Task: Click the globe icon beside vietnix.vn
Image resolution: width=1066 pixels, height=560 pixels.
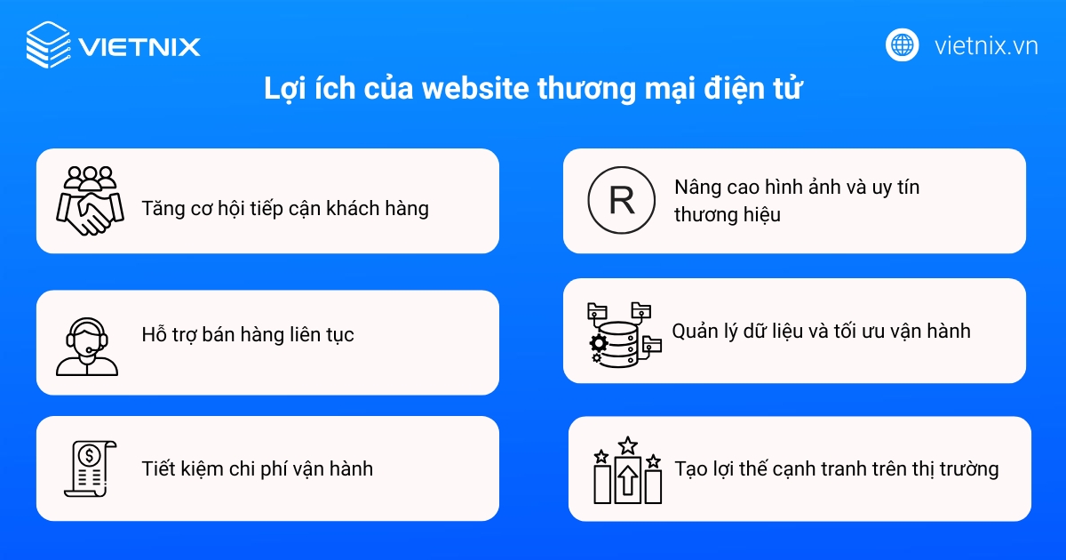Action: tap(902, 45)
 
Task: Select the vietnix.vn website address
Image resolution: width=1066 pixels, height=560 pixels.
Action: tap(986, 46)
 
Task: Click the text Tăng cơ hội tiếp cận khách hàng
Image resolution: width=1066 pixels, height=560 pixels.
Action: tap(285, 208)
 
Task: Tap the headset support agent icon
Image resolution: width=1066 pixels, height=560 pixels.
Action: tap(86, 345)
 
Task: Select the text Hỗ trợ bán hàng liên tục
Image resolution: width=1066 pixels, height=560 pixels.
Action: tap(248, 335)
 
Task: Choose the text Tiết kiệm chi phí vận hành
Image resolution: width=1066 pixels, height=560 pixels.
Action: tap(258, 468)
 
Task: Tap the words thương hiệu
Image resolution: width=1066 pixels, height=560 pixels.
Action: tap(727, 214)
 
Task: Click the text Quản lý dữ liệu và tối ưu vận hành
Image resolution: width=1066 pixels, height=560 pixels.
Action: tap(821, 332)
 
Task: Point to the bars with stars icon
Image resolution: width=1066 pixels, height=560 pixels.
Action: tap(627, 471)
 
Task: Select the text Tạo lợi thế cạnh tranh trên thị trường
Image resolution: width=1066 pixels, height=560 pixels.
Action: tap(837, 468)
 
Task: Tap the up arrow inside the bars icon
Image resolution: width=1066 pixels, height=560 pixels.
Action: tap(627, 481)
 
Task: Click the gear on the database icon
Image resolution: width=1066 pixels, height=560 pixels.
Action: tap(600, 342)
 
